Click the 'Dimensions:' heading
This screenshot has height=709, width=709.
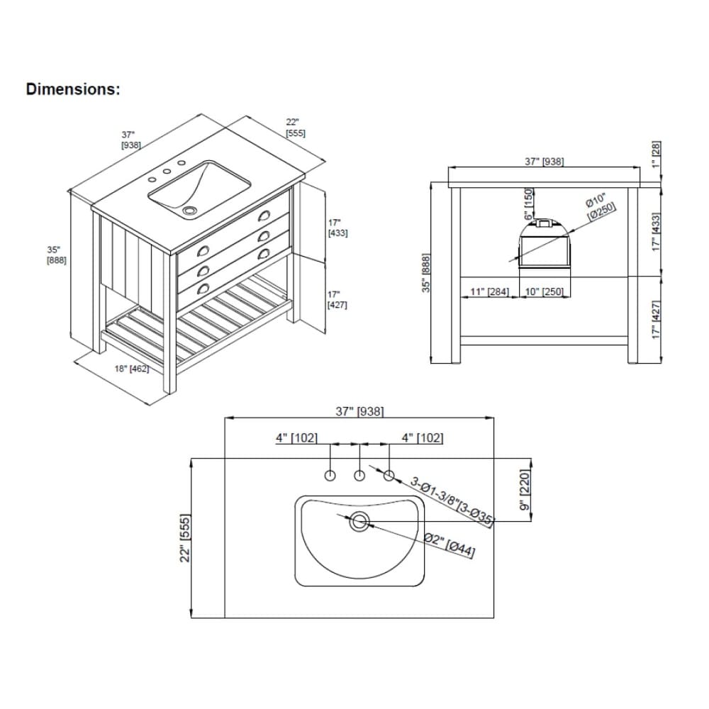tap(73, 89)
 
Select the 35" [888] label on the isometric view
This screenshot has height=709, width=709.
tap(57, 255)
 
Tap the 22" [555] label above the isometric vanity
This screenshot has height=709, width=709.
tap(295, 128)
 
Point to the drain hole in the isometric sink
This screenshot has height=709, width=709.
tap(189, 211)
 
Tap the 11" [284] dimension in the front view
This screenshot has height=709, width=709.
tap(490, 292)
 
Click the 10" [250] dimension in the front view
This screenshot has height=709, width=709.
tap(544, 292)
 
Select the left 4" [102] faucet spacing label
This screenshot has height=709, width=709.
tap(296, 438)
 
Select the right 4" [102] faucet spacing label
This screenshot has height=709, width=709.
tap(422, 438)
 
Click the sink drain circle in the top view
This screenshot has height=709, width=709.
tap(359, 522)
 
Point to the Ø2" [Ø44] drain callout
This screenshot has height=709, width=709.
tap(450, 545)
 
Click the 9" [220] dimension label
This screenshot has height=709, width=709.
tap(525, 490)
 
